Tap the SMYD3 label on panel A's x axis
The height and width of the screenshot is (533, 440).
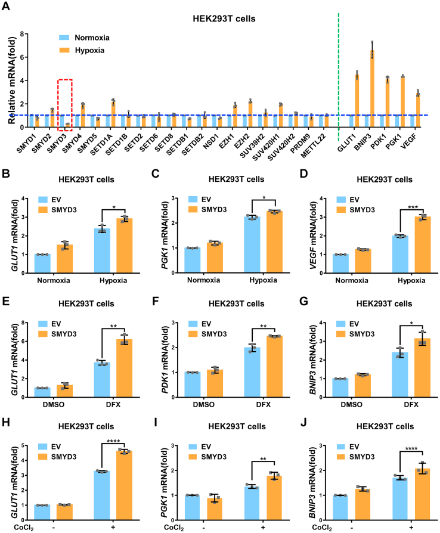pos(60,138)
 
